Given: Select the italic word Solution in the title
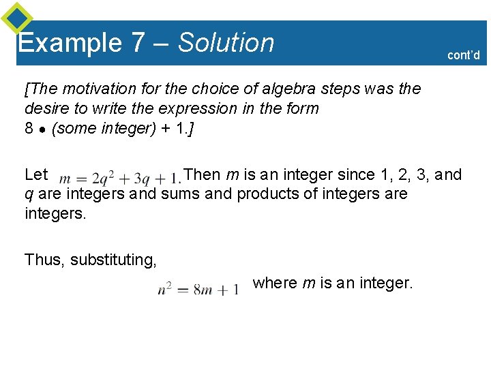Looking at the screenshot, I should tap(226, 43).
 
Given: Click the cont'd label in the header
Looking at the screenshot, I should tap(464, 55).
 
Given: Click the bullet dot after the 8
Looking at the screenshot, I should tap(42, 128).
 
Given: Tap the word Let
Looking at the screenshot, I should tap(36, 174).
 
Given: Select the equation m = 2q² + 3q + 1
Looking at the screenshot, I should tap(120, 178).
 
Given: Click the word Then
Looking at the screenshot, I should tap(203, 174).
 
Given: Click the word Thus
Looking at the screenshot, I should tap(44, 260).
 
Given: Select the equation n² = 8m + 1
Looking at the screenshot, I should tap(198, 289).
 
